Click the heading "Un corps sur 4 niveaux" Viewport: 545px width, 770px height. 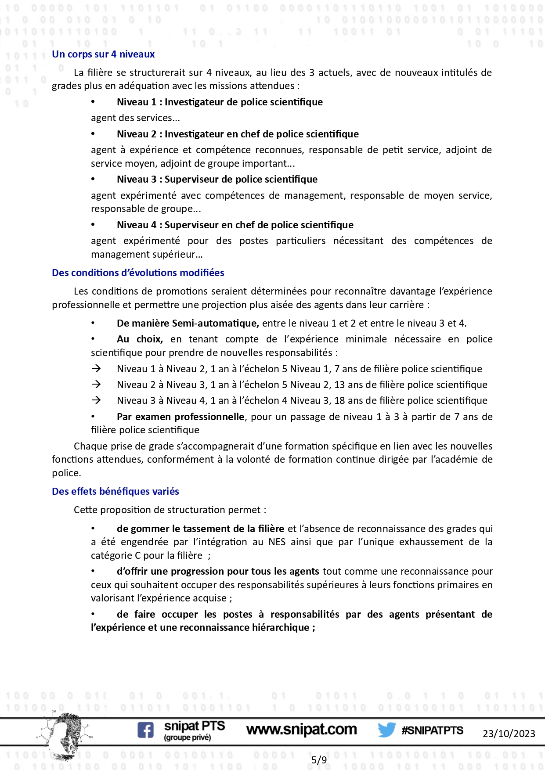103,54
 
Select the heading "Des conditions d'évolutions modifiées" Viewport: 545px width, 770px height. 138,273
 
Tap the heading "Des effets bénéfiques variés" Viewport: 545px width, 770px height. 115,492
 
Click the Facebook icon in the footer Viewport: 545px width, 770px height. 145,730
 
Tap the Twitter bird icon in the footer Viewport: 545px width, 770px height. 386,730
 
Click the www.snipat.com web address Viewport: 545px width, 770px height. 301,730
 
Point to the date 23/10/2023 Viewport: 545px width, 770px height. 509,734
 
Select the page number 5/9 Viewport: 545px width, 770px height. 319,760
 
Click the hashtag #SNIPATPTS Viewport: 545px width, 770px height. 432,730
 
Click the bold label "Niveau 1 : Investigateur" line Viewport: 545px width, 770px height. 220,102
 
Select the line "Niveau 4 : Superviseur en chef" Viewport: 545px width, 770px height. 235,225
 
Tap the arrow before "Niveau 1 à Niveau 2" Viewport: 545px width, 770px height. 96,369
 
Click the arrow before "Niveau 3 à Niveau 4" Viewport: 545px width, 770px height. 96,400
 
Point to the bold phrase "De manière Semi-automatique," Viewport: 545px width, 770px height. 188,324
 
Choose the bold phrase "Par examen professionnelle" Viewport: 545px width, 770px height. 180,417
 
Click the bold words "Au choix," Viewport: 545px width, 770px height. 140,339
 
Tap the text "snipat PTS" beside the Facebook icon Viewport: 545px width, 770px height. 194,727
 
